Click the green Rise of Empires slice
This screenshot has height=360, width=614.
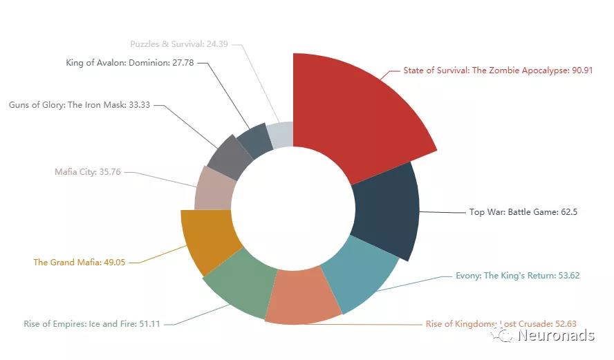tap(239, 283)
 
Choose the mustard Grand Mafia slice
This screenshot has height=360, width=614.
tap(207, 242)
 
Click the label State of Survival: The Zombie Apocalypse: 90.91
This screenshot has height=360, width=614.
tap(498, 70)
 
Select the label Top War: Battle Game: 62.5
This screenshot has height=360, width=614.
tap(523, 212)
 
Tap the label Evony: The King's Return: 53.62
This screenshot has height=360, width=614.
tap(517, 276)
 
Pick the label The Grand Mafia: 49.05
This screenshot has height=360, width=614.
tap(80, 263)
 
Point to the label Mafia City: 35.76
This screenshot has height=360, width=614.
tap(88, 172)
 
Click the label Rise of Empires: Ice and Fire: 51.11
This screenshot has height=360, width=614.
tap(92, 323)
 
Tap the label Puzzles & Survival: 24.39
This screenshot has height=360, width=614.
tap(179, 44)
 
